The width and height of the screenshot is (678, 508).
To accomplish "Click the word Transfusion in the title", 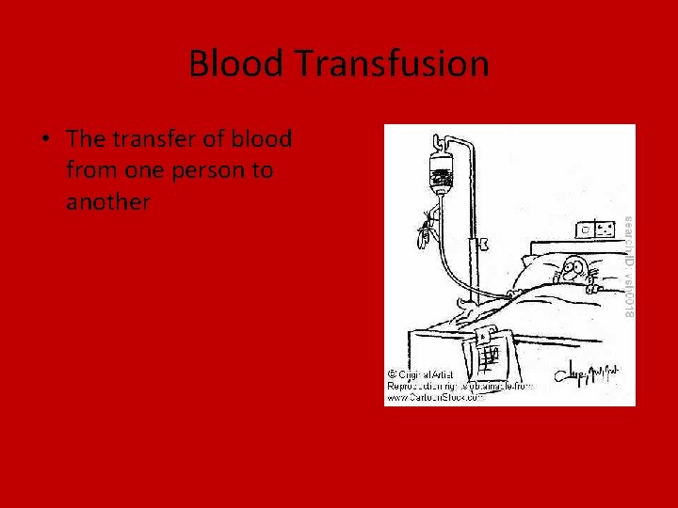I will point(392,64).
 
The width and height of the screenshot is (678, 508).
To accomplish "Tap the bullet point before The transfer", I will point(45,140).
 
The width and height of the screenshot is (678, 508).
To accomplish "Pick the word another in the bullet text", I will point(108,201).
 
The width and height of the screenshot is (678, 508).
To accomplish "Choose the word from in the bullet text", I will point(90,170).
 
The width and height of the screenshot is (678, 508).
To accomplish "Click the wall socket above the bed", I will point(595,229).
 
